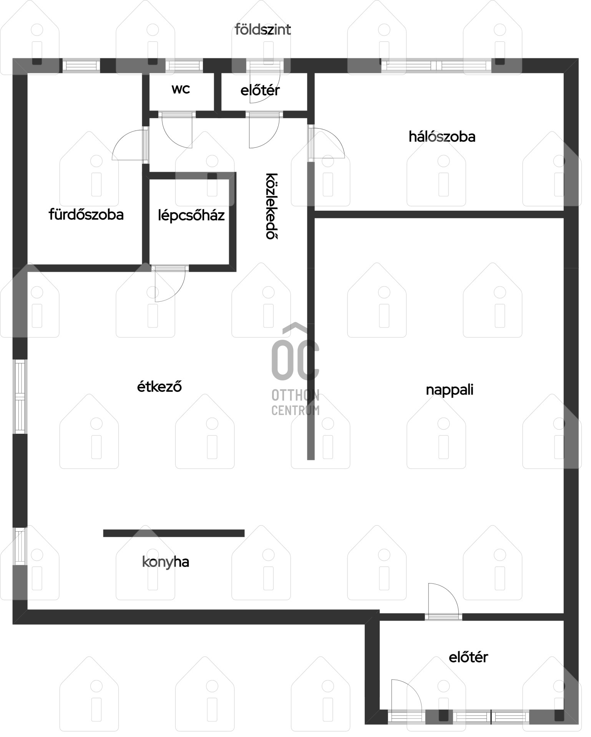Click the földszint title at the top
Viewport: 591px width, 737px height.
click(x=263, y=30)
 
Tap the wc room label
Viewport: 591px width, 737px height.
click(x=181, y=89)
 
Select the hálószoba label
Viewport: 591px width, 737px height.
click(x=442, y=137)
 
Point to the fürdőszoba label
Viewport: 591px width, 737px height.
click(x=86, y=214)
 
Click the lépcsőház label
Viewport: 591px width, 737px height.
click(x=191, y=215)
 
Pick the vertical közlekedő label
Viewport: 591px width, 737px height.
click(x=272, y=206)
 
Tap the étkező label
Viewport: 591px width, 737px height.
click(x=159, y=386)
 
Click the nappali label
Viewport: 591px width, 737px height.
click(x=450, y=390)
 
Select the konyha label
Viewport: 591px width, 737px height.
click(x=166, y=562)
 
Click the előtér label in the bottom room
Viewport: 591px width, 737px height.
click(x=468, y=657)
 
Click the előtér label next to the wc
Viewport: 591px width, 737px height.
click(x=260, y=91)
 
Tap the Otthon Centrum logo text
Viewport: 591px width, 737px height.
click(x=295, y=402)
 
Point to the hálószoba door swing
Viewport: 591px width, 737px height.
click(x=327, y=143)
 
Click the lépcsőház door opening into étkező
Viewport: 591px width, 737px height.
click(x=170, y=284)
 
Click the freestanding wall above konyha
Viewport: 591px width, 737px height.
click(x=174, y=533)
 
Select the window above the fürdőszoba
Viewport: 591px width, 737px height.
click(x=81, y=65)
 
